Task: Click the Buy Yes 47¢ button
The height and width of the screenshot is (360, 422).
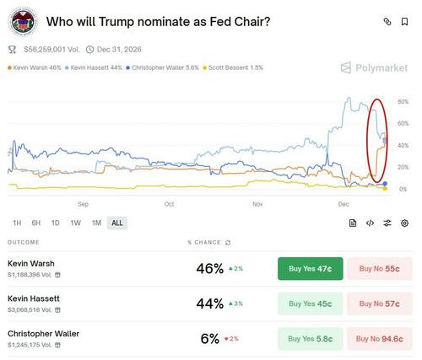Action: pos(310,268)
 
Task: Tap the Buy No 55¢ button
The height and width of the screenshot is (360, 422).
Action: pos(379,268)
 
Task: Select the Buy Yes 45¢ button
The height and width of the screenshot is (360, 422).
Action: pos(310,304)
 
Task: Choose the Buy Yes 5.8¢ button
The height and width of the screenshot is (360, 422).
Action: pos(310,339)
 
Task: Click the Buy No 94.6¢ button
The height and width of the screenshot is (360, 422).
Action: pos(379,339)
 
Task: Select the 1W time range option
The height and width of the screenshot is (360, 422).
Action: pos(76,223)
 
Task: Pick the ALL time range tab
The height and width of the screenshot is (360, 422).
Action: pos(116,223)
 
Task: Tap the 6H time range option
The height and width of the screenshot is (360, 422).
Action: pos(36,223)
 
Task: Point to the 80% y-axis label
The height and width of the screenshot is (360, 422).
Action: pos(403,102)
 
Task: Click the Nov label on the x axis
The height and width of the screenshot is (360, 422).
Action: pos(257,203)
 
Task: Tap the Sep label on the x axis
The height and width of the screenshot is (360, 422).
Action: pos(83,203)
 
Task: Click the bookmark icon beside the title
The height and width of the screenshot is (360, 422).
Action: pos(406,21)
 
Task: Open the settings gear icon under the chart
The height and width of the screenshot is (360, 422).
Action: pos(405,223)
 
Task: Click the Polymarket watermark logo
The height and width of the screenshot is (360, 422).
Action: pos(375,67)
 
